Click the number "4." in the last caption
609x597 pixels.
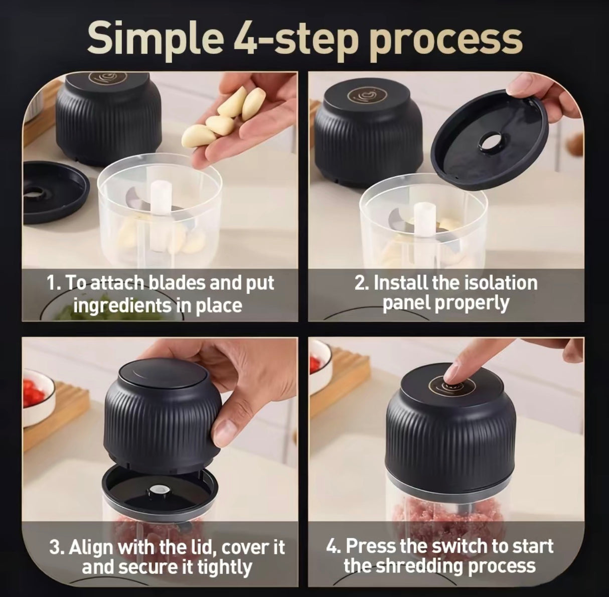(334, 545)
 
